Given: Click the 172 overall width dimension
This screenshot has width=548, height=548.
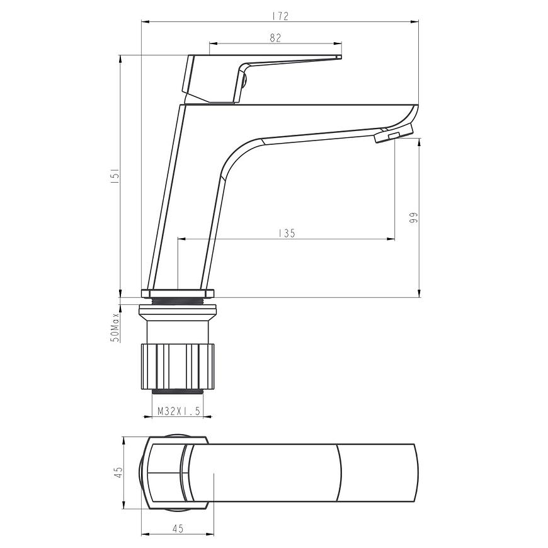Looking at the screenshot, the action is point(281,16).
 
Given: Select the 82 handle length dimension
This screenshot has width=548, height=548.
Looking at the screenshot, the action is point(275,38).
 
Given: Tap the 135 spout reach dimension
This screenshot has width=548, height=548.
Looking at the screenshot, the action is point(287,233).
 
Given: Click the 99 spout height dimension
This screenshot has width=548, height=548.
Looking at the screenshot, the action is point(414,218).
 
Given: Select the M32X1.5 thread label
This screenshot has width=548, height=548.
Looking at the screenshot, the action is point(179,411).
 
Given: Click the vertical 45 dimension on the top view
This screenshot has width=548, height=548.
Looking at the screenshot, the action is point(119,472).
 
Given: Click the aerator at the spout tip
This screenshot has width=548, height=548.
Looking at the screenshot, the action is point(394,134).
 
